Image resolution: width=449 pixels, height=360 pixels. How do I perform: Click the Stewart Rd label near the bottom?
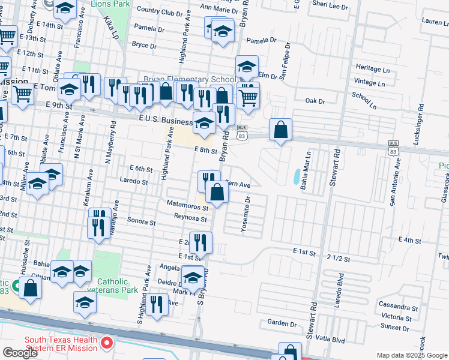click(311, 325)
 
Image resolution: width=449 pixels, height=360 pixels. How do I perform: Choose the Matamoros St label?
click(188, 207)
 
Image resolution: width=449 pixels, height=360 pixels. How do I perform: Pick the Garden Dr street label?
click(279, 322)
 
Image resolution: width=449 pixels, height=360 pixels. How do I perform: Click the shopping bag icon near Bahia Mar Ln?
click(280, 129)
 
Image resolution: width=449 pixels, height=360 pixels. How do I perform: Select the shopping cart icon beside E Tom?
click(22, 93)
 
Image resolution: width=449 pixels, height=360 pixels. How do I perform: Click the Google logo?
click(20, 352)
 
